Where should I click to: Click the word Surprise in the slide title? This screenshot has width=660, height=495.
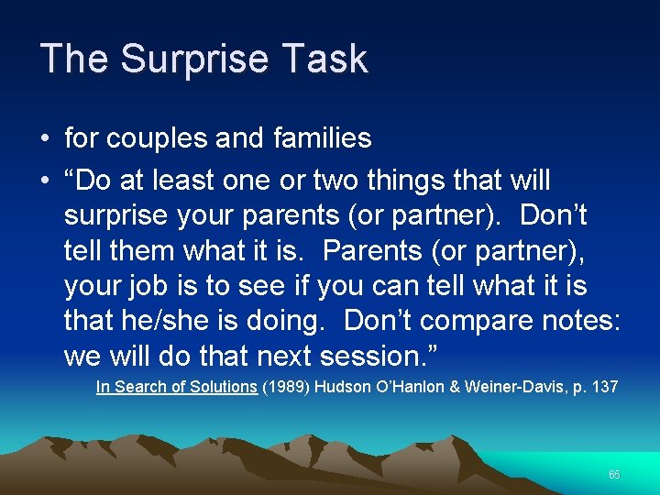click(197, 59)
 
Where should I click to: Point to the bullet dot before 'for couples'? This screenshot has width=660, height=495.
click(45, 139)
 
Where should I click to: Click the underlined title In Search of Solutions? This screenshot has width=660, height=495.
click(176, 387)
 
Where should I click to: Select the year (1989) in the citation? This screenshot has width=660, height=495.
click(287, 387)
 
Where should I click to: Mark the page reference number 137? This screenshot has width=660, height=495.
click(605, 387)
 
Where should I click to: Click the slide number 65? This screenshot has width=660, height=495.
click(614, 475)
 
